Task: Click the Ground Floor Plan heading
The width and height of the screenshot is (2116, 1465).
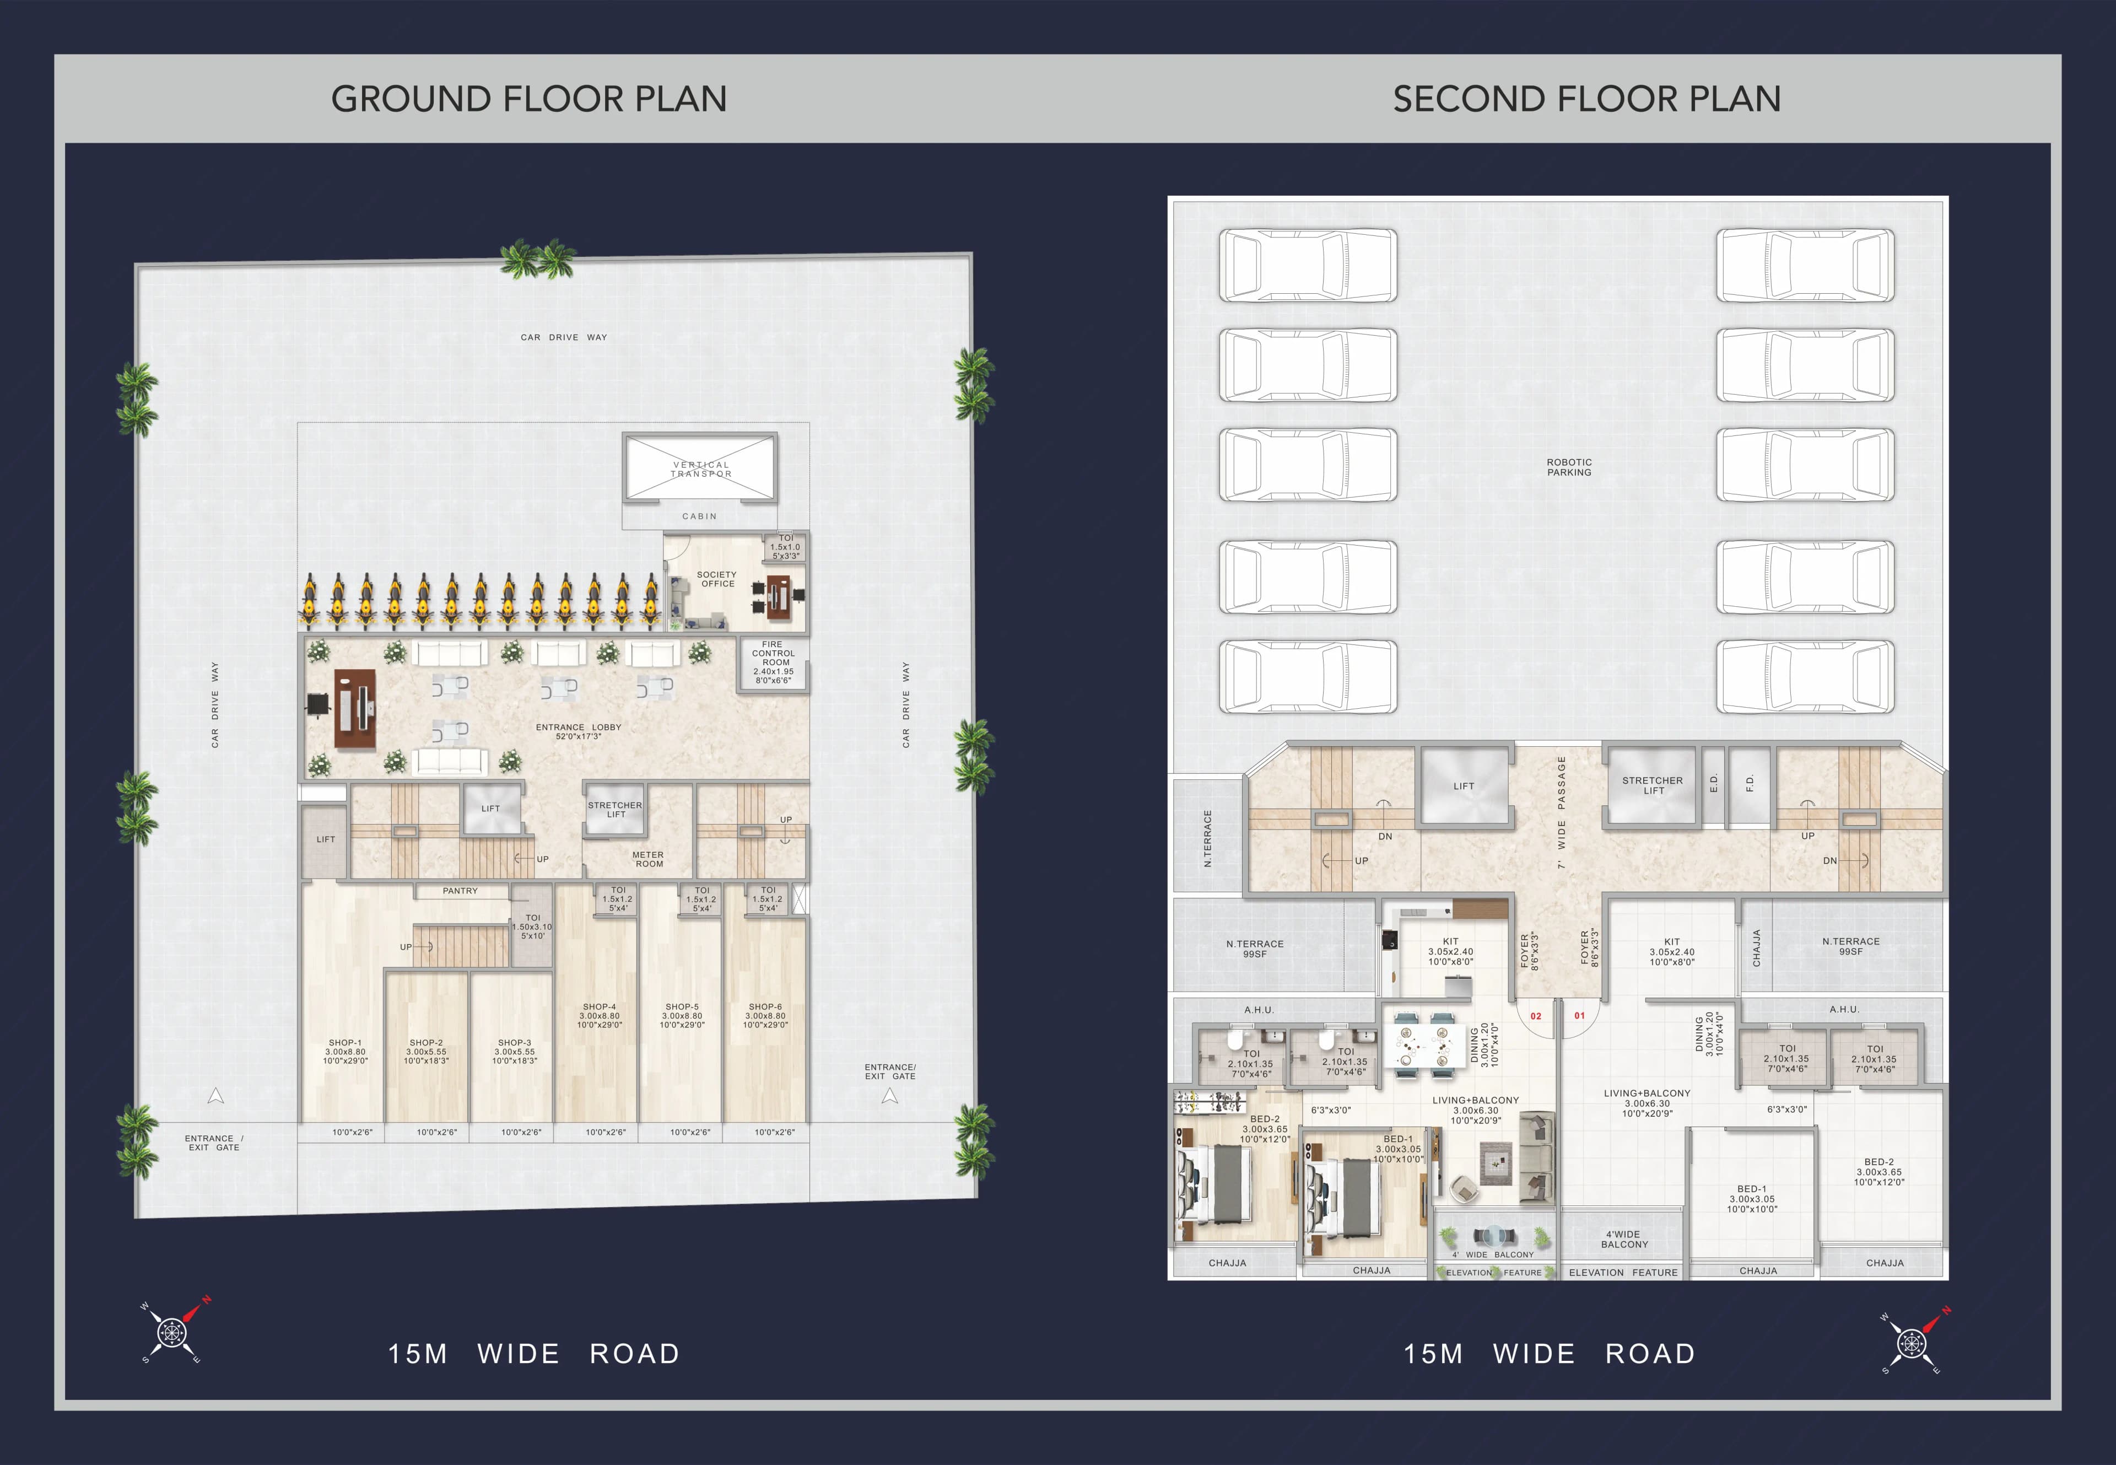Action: point(528,99)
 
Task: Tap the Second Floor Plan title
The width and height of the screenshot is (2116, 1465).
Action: point(1586,99)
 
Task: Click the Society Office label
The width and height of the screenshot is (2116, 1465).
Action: point(717,579)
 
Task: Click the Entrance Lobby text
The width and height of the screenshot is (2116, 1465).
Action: point(578,731)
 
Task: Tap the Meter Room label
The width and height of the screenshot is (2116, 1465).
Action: point(648,859)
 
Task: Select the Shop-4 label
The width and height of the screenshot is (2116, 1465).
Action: point(599,1015)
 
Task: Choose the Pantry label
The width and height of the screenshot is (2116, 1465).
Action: point(460,890)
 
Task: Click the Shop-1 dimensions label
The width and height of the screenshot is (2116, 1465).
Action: point(345,1055)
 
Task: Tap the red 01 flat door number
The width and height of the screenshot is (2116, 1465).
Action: point(1579,1015)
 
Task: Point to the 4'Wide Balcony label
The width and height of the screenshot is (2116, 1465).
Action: point(1624,1239)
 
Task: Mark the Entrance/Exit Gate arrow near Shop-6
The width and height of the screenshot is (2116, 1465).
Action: point(889,1096)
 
